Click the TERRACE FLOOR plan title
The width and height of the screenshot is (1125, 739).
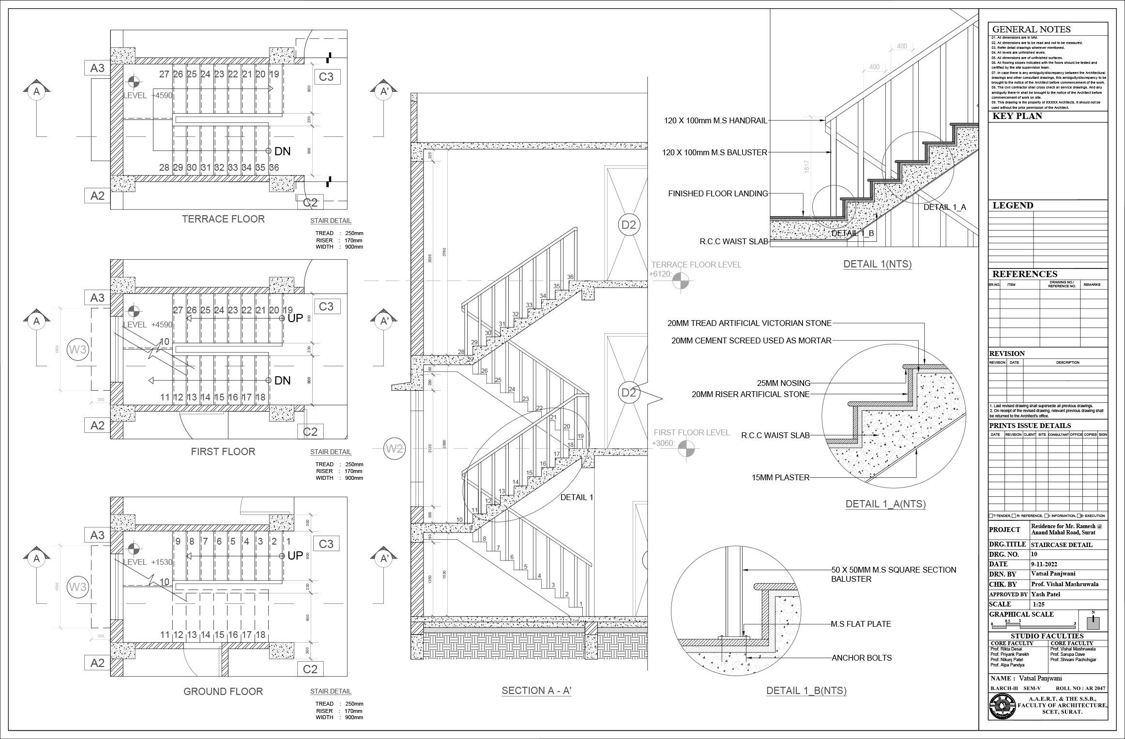[223, 219]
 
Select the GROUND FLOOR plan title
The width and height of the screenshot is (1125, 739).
[223, 692]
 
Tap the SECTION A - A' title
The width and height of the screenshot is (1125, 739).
[536, 691]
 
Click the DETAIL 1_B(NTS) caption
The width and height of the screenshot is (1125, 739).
[806, 691]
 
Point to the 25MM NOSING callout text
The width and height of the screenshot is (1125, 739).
[784, 383]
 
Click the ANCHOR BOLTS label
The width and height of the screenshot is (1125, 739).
[861, 658]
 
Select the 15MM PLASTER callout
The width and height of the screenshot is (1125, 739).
[780, 477]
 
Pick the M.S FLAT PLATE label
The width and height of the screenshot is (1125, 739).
[861, 624]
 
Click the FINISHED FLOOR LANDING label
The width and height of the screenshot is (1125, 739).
[718, 193]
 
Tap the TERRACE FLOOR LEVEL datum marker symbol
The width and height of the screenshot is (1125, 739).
[681, 281]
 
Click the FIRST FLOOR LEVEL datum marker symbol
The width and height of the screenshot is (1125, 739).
[685, 449]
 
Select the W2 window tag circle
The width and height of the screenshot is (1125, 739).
[394, 449]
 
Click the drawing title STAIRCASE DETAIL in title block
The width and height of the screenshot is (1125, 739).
[1061, 545]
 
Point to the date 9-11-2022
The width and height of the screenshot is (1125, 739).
[1044, 564]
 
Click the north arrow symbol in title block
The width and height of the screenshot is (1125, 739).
[1093, 621]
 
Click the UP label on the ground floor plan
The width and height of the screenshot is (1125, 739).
[295, 556]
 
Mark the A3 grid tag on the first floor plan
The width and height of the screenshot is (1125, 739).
[97, 298]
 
